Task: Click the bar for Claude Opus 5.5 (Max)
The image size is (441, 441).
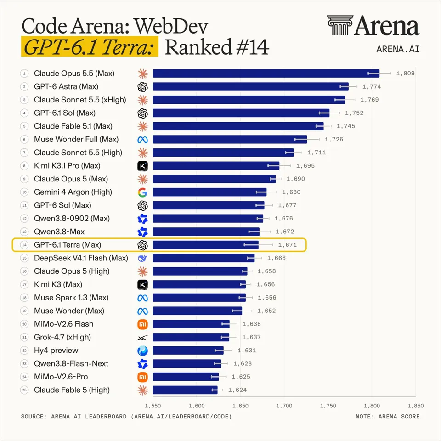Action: [266, 73]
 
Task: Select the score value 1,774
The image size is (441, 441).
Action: [372, 87]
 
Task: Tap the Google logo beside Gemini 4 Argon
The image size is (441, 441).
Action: [142, 192]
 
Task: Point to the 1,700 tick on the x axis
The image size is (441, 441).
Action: [284, 406]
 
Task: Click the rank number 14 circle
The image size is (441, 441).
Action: [24, 245]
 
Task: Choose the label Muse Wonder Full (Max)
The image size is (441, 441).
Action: [76, 139]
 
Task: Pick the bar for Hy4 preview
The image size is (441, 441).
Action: [188, 351]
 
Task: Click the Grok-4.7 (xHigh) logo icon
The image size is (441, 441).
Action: [142, 338]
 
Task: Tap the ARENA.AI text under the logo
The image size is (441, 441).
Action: [398, 49]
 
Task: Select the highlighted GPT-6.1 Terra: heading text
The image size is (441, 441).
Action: [90, 47]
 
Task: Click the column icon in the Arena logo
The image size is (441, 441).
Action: [340, 25]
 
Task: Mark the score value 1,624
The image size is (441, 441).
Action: [237, 390]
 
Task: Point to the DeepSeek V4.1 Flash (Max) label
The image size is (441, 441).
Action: [81, 258]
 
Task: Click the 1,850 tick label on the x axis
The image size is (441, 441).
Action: [415, 406]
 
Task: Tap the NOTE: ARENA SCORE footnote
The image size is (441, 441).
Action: [388, 417]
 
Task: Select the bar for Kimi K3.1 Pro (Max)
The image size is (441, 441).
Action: [216, 166]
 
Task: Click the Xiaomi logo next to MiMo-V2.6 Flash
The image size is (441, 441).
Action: [142, 324]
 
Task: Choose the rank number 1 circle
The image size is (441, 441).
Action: [24, 73]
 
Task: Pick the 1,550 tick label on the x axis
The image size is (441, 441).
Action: [153, 406]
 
